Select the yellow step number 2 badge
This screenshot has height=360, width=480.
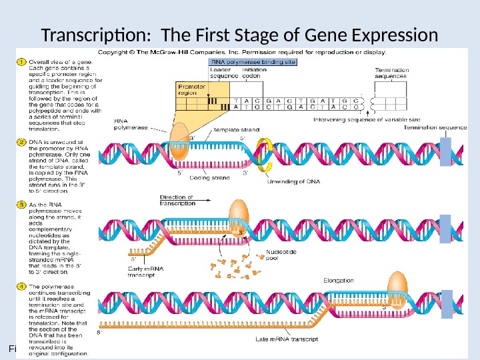coord(20,142)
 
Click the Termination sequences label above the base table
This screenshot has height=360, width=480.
coord(391,73)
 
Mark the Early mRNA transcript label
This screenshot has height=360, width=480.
coord(145,271)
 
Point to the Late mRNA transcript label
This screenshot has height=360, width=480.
coord(287,339)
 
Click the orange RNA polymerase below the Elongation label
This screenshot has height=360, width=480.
coord(399,285)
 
